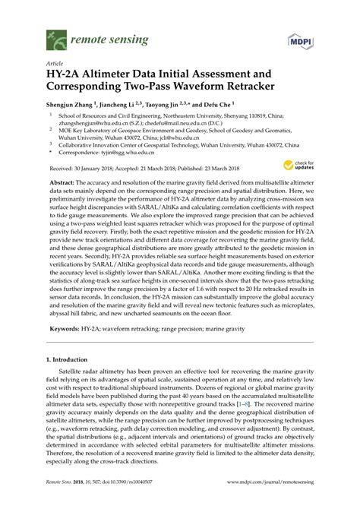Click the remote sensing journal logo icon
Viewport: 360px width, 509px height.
(x=53, y=37)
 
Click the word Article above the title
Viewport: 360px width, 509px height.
(x=55, y=65)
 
